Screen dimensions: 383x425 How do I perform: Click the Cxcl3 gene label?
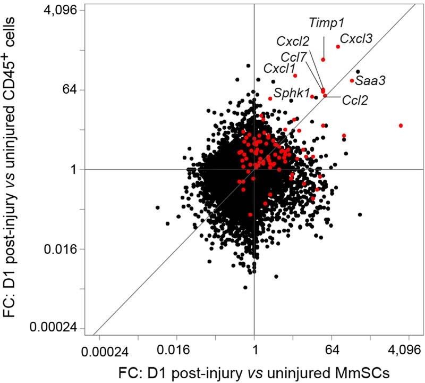pos(355,38)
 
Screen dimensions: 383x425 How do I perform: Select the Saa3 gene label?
pos(370,81)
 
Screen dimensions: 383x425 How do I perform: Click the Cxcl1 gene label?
pos(279,68)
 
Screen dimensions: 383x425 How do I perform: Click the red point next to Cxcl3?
pos(338,47)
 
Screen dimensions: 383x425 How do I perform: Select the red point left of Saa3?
pos(352,81)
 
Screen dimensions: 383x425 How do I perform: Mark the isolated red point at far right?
pos(401,126)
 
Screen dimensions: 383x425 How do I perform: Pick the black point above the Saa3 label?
pos(358,72)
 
